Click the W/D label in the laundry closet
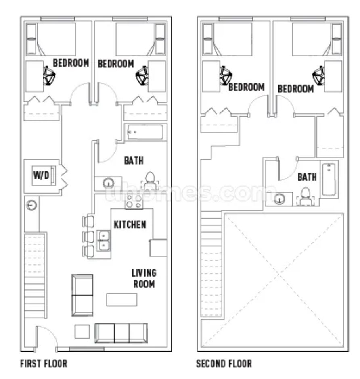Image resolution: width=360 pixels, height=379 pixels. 41,175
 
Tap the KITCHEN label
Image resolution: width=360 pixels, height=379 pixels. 130,225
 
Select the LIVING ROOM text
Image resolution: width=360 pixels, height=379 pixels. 144,279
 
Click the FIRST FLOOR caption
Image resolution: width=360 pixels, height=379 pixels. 44,364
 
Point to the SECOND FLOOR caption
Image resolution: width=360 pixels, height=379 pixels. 224,364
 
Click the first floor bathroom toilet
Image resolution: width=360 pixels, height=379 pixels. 150,181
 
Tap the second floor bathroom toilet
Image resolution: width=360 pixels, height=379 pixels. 306,197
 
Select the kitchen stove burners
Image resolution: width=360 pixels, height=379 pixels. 134,201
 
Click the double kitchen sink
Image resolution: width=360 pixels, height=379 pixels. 104,241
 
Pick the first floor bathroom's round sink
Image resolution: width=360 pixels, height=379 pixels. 109,183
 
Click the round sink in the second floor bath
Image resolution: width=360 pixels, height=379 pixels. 279,199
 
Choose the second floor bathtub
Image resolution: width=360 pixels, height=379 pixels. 329,179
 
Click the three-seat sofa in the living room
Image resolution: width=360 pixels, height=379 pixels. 121,333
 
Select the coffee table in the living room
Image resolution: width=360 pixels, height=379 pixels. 122,300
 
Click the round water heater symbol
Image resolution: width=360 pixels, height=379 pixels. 31,206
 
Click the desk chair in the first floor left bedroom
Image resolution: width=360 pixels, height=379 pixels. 49,76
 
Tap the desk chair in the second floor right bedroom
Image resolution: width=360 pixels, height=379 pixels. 318,75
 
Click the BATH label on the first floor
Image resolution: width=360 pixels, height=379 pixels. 134,160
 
